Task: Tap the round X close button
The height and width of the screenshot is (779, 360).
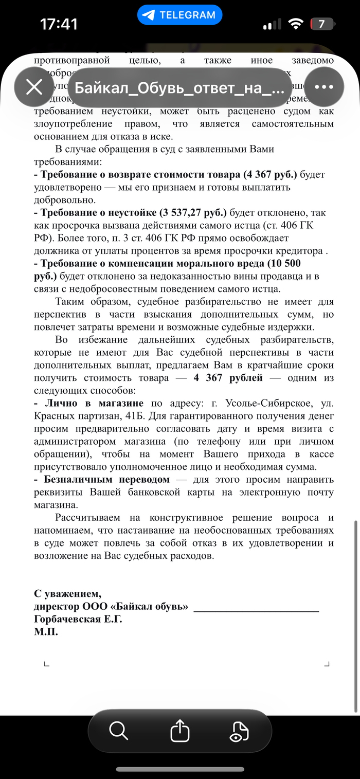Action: point(34,87)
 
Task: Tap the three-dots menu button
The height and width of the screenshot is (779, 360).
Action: point(324,87)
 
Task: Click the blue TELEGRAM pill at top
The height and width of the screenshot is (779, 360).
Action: point(179,15)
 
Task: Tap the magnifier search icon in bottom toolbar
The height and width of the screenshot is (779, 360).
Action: point(119,730)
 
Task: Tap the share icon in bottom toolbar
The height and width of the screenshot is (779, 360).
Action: point(180,730)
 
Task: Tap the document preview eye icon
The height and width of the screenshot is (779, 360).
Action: point(239,731)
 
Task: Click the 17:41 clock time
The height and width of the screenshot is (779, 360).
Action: point(59,24)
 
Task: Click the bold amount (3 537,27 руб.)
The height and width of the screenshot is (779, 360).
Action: point(192,213)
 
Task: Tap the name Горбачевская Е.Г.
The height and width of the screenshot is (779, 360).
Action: point(78,620)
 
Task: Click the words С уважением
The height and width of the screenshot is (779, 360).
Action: point(68,594)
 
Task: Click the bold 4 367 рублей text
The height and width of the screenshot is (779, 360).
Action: point(228,378)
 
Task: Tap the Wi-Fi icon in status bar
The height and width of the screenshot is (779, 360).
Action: point(296,24)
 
